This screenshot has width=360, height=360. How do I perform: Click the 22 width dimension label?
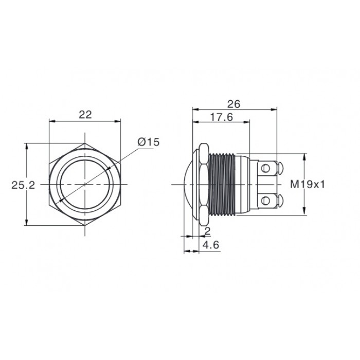(85, 115)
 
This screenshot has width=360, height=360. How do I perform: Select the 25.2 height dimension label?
(23, 185)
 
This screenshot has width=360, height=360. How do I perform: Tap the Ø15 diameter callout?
(148, 142)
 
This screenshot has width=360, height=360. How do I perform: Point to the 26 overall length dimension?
(233, 104)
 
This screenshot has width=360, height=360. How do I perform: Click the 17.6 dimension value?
(221, 117)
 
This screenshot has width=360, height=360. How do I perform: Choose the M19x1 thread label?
(308, 184)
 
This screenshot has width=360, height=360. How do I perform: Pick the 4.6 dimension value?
(211, 245)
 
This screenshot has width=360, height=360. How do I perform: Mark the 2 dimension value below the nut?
(207, 231)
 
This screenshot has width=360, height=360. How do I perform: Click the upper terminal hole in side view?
(266, 169)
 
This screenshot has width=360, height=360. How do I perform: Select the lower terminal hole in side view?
(266, 201)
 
